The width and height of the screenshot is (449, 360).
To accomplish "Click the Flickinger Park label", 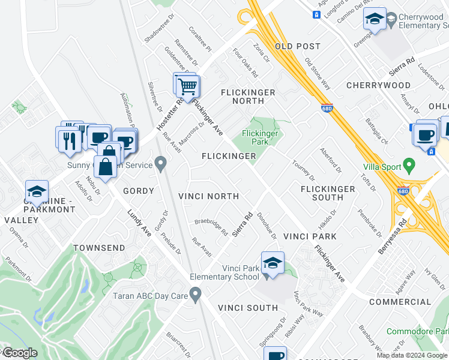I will coord(259,137).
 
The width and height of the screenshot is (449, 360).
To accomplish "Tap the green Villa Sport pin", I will coord(409,164).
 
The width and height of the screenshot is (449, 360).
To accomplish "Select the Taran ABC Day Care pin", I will coord(195,295).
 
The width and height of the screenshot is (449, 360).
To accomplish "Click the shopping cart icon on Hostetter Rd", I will coord(187,86).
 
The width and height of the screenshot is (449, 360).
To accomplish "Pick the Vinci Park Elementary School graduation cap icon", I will coord(273,265).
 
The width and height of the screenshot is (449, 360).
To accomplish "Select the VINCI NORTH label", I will coord(209,196).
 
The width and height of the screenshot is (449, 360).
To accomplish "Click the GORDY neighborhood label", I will coord(139,191).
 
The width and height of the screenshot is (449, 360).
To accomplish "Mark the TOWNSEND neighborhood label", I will coord(99,248).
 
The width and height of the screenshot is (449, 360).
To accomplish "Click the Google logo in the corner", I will coord(19,353).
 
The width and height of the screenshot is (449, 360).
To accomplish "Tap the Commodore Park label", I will coord(417,331).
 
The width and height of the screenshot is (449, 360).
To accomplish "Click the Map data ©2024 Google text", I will coord(412,355).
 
